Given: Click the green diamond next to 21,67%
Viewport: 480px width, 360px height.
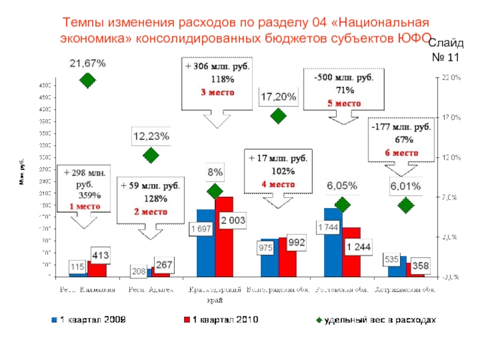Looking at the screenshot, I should coord(88,80).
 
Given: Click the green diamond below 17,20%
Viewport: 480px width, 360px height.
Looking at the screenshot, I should coord(278,116).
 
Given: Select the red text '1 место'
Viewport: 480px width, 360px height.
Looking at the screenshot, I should coord(85,206).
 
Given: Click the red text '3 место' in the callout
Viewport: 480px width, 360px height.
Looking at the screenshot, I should coord(218,92).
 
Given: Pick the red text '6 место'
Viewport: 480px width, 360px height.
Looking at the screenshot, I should coord(401,152).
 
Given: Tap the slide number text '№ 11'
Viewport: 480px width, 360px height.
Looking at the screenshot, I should coord(446,58).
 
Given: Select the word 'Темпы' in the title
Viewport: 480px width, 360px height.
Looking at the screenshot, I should coord(85,23).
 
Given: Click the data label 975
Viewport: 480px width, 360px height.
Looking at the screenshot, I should coord(266,247).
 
